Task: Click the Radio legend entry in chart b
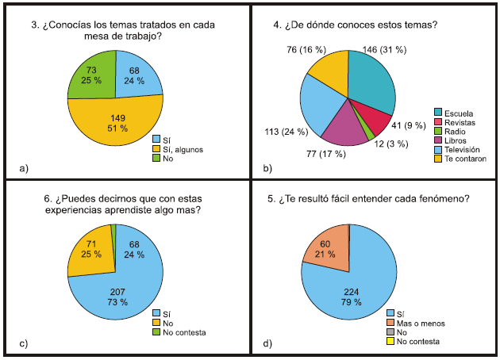coord(451,130)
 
